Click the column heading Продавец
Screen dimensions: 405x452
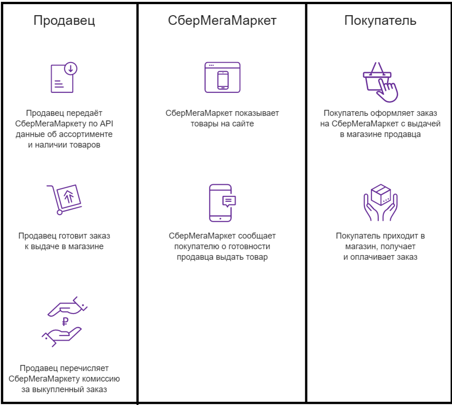point(64,21)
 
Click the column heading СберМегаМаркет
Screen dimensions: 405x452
point(222,21)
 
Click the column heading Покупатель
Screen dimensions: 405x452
point(380,21)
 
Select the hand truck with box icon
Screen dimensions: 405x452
point(64,199)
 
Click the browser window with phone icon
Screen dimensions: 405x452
point(222,77)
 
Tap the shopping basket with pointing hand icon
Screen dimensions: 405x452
point(380,81)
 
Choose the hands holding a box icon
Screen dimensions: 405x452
point(380,202)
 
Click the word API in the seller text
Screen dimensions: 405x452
point(106,124)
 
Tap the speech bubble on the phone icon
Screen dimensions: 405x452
point(229,200)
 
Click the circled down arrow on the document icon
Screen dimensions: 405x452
point(70,69)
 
